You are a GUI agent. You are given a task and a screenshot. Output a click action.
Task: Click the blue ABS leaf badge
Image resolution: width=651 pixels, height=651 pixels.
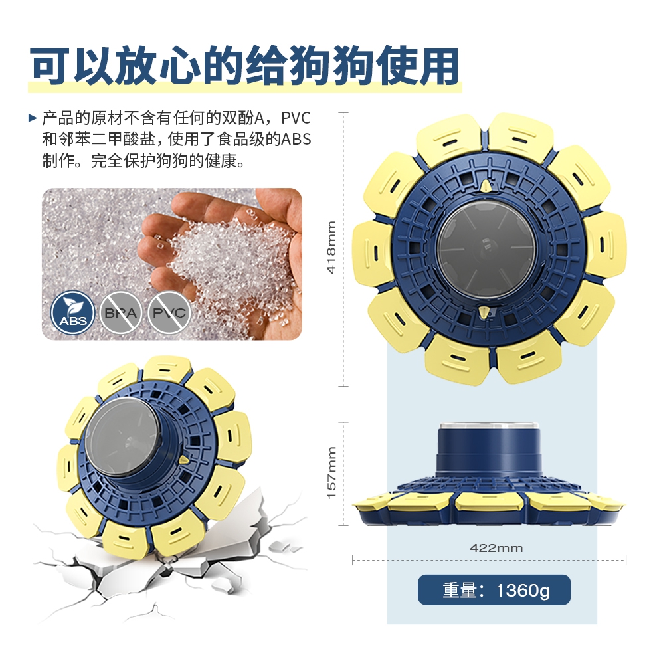click(x=72, y=313)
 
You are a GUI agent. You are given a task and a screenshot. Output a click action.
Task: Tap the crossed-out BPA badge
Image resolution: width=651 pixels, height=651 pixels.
click(x=121, y=313)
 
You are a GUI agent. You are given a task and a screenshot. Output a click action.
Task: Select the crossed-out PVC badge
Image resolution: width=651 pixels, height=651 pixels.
click(x=169, y=313)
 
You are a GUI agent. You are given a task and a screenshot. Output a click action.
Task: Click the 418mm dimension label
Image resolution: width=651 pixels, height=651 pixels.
click(x=331, y=247)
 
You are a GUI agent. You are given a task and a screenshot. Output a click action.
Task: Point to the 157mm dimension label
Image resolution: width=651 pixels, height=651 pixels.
click(x=331, y=473)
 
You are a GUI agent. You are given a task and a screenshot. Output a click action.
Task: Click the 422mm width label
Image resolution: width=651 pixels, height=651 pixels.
click(x=496, y=548)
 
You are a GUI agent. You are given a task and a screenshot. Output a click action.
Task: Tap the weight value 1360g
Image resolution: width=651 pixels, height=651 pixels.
click(x=522, y=590)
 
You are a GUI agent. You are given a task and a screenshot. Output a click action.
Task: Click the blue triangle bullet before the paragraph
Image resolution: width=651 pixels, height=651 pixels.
click(x=33, y=118)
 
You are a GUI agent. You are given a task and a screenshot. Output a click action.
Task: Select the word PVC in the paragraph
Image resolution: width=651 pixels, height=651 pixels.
click(x=296, y=118)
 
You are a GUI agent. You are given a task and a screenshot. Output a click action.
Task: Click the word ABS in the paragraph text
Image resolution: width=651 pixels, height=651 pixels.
click(x=296, y=139)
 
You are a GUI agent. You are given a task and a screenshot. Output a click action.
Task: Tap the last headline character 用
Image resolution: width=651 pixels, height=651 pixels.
click(x=438, y=66)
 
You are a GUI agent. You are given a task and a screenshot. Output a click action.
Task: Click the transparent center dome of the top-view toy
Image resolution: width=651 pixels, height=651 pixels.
click(x=486, y=250)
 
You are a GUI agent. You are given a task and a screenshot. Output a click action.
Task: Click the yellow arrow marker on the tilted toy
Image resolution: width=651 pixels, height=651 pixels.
click(x=183, y=460)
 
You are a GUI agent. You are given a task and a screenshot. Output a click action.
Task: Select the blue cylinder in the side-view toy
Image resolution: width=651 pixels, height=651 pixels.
click(x=489, y=450)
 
